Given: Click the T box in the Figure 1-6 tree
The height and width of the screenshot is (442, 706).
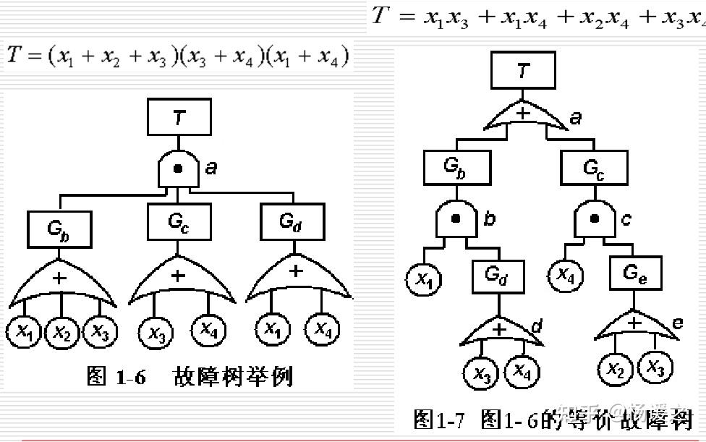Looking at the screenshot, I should (179, 117).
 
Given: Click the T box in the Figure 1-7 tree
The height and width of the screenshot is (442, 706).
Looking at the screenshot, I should (523, 70).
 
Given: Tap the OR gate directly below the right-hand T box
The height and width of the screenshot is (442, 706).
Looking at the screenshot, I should (523, 118).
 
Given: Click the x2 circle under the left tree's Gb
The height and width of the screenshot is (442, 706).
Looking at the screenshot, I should (63, 333).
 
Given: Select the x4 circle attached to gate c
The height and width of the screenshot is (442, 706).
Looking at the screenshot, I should (566, 275).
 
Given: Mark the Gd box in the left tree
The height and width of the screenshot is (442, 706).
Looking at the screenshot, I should (292, 222).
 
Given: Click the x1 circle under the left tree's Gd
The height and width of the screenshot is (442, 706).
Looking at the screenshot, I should (273, 330).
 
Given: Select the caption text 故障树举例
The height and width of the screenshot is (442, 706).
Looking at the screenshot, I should (233, 376).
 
